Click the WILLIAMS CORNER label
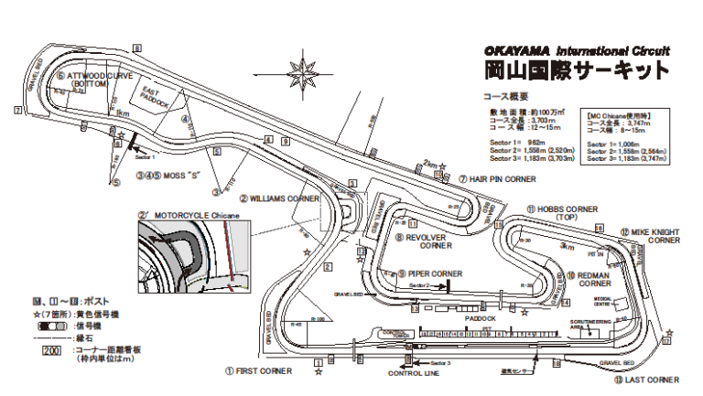pos(284,197)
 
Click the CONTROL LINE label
pos(414,374)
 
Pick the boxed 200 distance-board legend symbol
pos(42,350)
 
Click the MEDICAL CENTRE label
pos(602,303)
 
